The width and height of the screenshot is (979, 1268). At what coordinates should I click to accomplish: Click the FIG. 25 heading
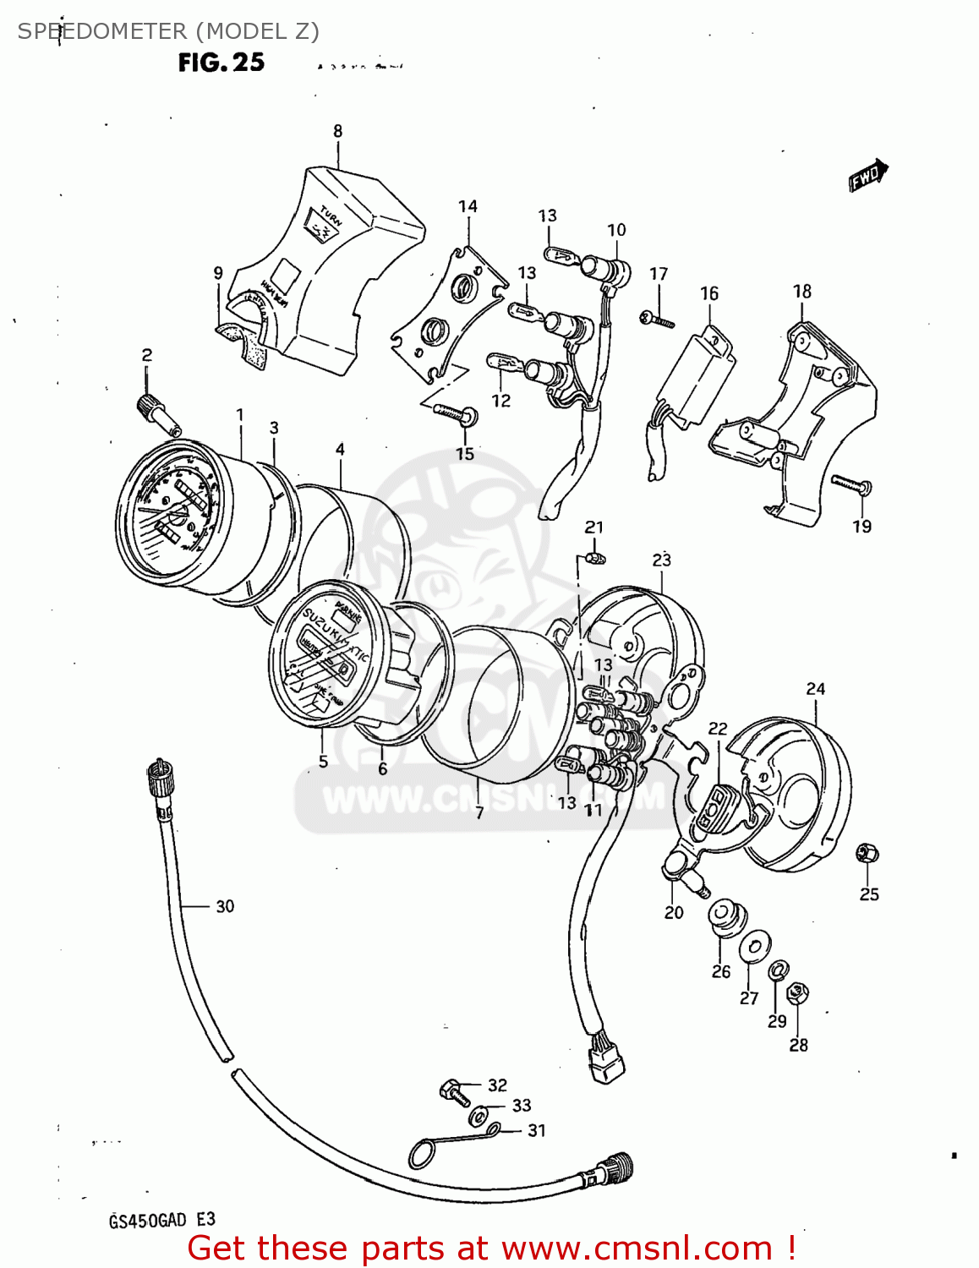tap(221, 63)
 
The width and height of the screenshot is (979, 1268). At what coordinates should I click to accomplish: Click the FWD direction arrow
tap(868, 176)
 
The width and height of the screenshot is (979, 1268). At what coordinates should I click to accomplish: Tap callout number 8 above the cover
tap(337, 131)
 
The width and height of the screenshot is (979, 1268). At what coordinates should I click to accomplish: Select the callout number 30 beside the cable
tap(225, 906)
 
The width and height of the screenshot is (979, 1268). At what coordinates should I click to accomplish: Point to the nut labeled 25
tap(867, 854)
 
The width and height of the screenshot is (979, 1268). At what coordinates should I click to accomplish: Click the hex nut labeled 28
tap(797, 992)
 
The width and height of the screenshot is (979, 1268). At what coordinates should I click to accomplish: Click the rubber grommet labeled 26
tap(723, 916)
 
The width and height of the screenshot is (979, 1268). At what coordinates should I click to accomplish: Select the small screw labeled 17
tap(658, 320)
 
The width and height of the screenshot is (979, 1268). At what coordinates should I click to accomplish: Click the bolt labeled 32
tap(454, 1091)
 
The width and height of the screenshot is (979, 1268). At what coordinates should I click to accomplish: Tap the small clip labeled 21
tap(595, 558)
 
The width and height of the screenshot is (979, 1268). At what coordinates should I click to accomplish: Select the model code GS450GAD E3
tap(161, 1220)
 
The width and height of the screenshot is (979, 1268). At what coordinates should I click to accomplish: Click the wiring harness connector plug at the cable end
tap(606, 1059)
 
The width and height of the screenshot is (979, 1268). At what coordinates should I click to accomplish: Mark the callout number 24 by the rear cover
tap(815, 689)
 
